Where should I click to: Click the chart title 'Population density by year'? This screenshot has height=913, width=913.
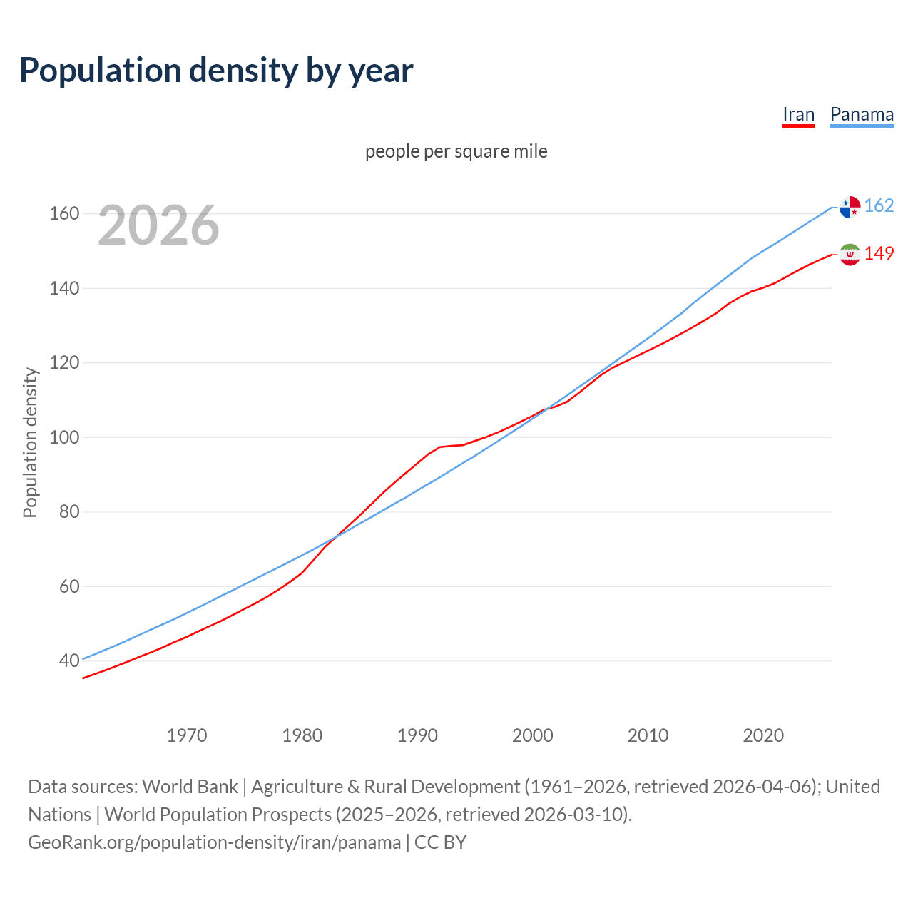click(216, 71)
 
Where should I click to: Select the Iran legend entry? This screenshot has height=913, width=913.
click(798, 115)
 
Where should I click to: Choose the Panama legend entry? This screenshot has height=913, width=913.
click(862, 115)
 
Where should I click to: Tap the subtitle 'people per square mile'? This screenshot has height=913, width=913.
click(456, 151)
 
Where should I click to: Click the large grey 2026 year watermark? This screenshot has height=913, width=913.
click(158, 225)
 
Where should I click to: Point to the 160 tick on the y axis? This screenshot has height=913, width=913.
click(63, 214)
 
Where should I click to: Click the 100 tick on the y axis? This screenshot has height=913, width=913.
click(63, 437)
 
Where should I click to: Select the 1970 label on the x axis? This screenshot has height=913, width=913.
click(187, 735)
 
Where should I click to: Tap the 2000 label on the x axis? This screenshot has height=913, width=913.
click(533, 735)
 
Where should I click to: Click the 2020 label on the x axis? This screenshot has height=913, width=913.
click(763, 735)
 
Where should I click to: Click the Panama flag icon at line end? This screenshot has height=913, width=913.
click(850, 207)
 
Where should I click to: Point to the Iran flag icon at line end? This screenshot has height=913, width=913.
click(850, 255)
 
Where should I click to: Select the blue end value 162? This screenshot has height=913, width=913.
click(879, 206)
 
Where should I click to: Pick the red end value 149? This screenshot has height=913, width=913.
click(879, 254)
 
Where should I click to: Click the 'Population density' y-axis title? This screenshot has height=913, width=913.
click(30, 442)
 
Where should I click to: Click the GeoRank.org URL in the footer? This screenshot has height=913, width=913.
click(214, 842)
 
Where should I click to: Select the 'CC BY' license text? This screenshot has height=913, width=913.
click(440, 842)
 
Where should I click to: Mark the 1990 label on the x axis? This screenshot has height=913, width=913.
click(417, 735)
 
